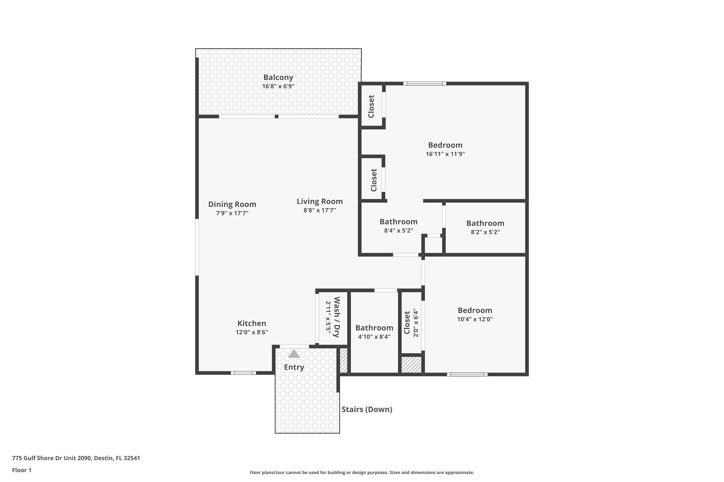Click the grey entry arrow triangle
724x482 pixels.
tap(294, 354)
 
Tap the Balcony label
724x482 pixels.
tap(278, 77)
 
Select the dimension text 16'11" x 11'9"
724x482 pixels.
tap(445, 154)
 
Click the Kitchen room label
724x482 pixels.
tap(251, 323)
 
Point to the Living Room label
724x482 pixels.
tap(320, 201)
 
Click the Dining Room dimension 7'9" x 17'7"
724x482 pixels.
tap(232, 213)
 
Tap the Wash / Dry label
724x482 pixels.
tap(337, 317)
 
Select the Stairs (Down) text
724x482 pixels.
tap(367, 409)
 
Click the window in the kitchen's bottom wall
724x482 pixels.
tap(243, 373)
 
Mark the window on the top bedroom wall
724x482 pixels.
tap(425, 83)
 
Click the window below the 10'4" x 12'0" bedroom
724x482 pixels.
tap(467, 375)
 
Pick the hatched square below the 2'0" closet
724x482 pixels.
tap(411, 365)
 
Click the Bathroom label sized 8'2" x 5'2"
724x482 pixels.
tap(485, 223)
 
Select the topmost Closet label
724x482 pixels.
tap(371, 106)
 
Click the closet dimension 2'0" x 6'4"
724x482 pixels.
tap(416, 322)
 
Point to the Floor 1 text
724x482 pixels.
tap(21, 470)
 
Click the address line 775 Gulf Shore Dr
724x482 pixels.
tap(76, 458)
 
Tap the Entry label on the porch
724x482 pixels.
tap(294, 367)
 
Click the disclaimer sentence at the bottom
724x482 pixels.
tap(362, 472)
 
